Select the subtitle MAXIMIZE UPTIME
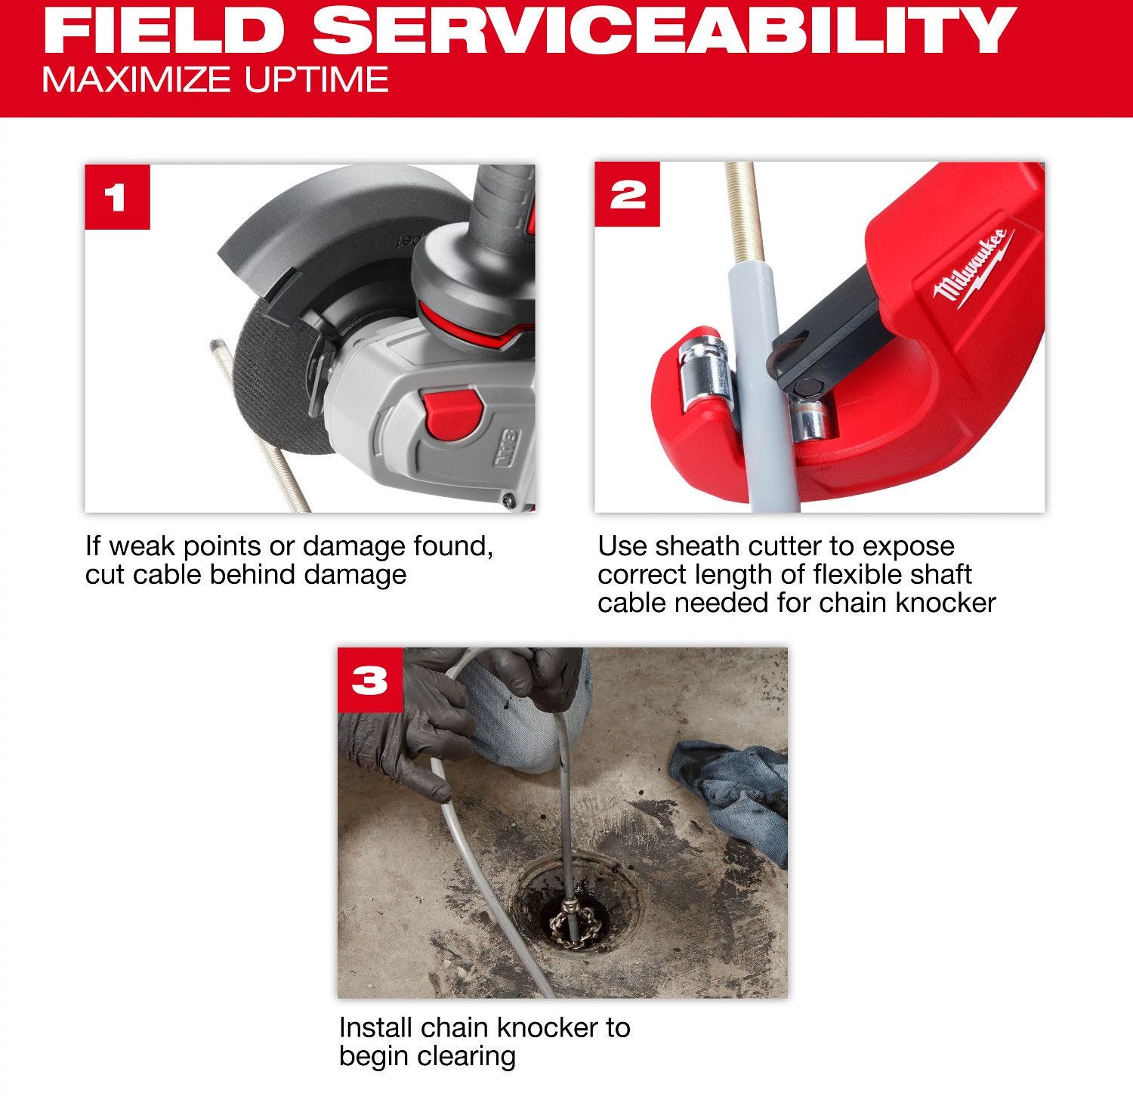215,79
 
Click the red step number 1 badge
117,196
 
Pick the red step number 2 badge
627,195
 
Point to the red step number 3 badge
370,680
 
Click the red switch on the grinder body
450,411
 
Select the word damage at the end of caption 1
355,575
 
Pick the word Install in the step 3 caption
376,1027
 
